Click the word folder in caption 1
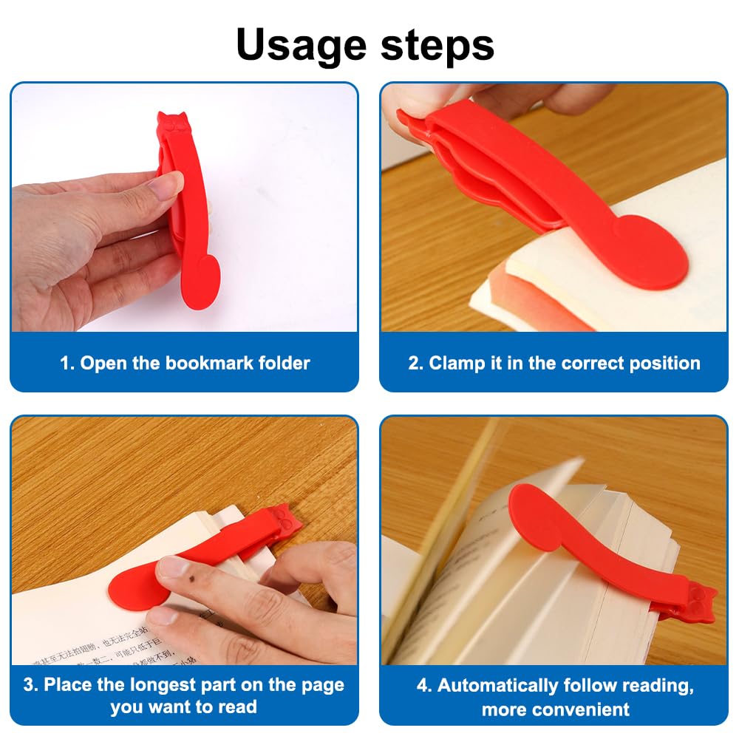click(285, 364)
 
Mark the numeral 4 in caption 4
click(423, 685)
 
